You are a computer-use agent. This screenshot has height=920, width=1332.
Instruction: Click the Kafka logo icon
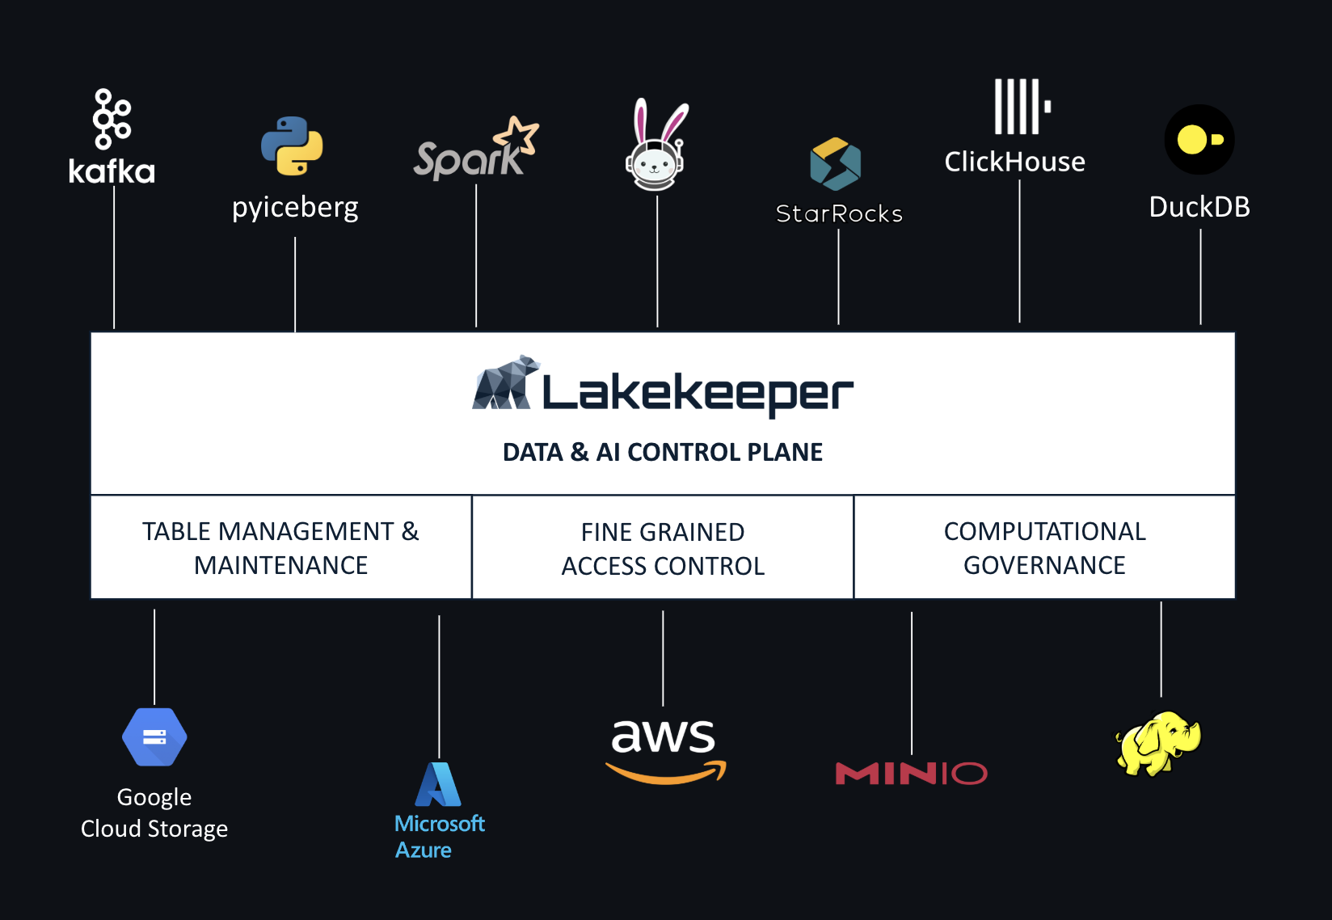[x=112, y=119]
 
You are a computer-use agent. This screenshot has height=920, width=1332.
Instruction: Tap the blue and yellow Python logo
[x=292, y=146]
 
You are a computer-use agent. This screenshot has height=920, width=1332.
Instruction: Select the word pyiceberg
[x=295, y=208]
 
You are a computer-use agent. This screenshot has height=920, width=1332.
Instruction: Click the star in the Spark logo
[x=518, y=135]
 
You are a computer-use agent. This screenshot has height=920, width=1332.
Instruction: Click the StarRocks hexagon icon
[x=835, y=164]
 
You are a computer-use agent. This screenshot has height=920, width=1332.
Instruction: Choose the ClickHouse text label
[x=1014, y=162]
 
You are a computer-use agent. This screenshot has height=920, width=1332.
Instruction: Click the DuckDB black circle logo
[x=1199, y=139]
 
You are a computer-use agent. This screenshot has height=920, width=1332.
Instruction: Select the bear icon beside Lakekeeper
[x=505, y=383]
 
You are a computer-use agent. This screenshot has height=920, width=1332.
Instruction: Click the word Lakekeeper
[x=698, y=393]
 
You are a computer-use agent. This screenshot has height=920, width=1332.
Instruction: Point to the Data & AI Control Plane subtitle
[x=663, y=452]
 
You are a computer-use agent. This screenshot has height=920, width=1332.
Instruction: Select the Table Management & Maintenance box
[x=280, y=547]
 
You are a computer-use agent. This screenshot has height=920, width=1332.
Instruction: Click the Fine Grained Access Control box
[x=663, y=548]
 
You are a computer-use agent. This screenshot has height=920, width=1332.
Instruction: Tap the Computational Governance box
[x=1044, y=547]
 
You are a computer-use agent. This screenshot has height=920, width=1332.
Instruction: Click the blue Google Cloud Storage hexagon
[x=154, y=736]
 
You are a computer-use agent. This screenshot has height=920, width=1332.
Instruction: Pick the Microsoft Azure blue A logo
[x=438, y=784]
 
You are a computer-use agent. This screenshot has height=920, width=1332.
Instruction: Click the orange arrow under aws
[x=666, y=774]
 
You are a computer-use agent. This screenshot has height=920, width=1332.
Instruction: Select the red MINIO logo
[x=911, y=774]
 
